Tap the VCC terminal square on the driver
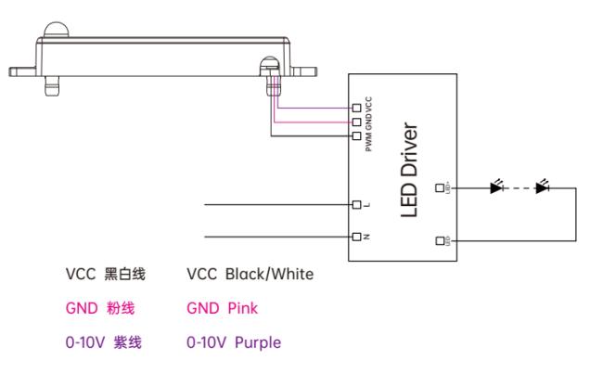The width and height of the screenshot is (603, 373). [x=355, y=109]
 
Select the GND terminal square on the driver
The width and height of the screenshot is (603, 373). [x=355, y=122]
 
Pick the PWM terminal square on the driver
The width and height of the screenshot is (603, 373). [x=355, y=135]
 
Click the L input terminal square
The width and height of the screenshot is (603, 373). [x=355, y=204]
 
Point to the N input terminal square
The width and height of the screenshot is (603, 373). [x=355, y=235]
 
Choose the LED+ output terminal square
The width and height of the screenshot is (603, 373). [x=440, y=187]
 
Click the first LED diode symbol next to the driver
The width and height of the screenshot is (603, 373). [x=496, y=187]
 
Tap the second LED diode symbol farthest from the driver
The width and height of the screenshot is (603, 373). [x=543, y=187]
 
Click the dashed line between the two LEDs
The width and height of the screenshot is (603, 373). [x=520, y=187]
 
